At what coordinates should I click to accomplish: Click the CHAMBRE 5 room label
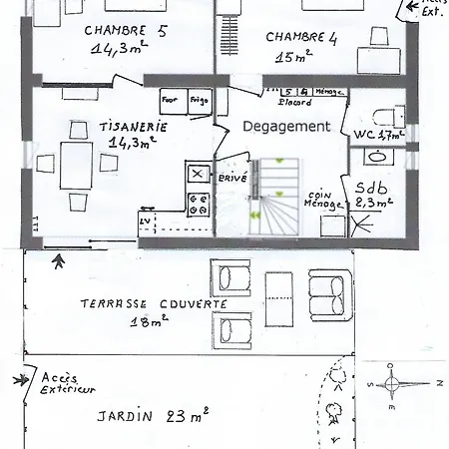tap(126, 29)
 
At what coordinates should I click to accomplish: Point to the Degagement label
tap(287, 127)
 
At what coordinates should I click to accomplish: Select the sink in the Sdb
tap(379, 157)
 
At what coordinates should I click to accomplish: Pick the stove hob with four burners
tap(198, 205)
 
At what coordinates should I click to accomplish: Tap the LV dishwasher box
tap(145, 220)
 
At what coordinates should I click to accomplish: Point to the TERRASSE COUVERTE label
tap(153, 303)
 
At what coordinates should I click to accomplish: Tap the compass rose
tap(397, 383)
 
